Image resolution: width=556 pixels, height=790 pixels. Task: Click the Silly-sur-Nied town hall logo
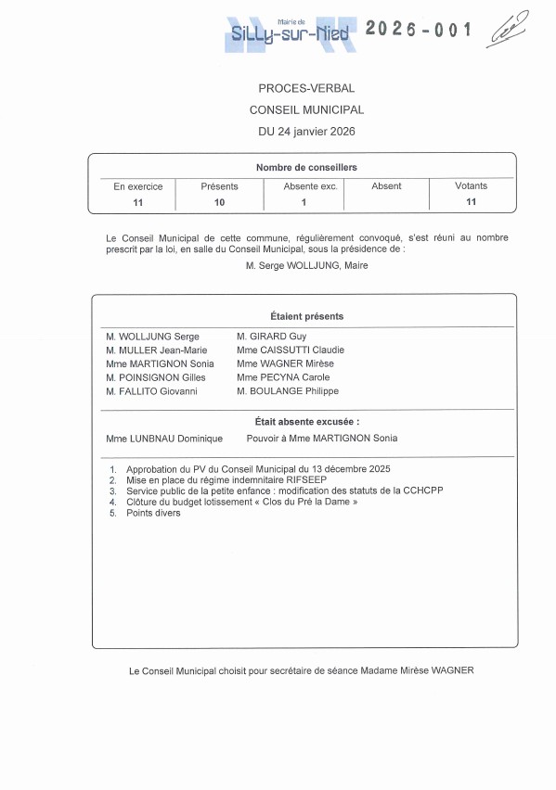tap(291, 33)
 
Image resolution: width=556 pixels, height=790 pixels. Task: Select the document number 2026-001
tap(419, 31)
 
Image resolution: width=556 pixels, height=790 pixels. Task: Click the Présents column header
tap(219, 186)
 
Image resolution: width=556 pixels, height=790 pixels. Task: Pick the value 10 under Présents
tap(219, 201)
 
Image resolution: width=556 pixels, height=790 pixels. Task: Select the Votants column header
tap(471, 186)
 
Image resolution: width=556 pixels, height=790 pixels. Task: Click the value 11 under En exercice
tap(137, 201)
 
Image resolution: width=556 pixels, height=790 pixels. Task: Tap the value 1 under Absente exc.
tap(303, 201)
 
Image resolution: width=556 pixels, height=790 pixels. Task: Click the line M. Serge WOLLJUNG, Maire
tap(306, 266)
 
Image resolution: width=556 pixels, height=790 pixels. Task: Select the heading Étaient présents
tap(306, 316)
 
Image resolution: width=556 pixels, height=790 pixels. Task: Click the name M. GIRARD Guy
tap(271, 337)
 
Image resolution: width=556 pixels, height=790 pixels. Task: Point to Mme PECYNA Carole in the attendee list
tap(283, 377)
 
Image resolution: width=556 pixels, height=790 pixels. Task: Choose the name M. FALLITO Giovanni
tap(151, 391)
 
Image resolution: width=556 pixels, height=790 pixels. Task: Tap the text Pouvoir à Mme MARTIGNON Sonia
tap(322, 439)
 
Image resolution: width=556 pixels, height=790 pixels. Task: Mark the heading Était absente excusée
tap(306, 422)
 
